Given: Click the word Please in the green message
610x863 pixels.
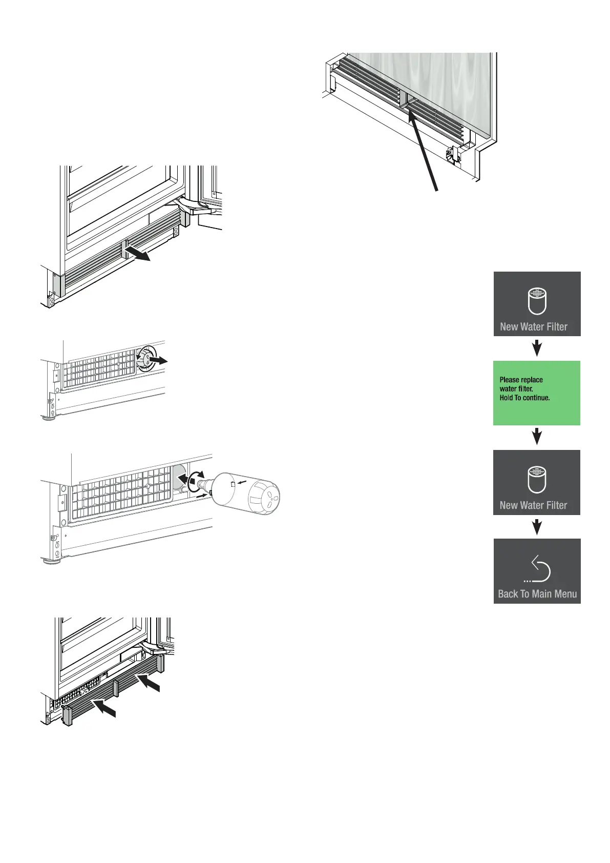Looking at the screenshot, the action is (510, 380).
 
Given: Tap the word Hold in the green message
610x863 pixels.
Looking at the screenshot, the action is (507, 398).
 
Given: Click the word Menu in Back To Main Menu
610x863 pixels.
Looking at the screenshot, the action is (565, 594).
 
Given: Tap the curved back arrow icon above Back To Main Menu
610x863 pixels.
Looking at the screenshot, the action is (539, 569).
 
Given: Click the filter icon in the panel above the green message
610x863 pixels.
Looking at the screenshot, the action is (537, 301).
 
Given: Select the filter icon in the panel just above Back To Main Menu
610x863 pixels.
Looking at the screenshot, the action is (537, 480).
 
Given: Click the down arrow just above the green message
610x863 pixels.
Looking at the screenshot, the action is (537, 349).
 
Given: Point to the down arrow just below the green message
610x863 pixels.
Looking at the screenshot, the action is (537, 437).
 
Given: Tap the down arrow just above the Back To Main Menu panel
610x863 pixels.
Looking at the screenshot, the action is (537, 527).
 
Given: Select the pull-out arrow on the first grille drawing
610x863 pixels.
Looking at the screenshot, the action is (138, 253).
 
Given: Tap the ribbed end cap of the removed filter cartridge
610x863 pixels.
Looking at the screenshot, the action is (264, 497).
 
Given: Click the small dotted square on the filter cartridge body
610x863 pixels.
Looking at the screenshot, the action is (233, 484).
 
